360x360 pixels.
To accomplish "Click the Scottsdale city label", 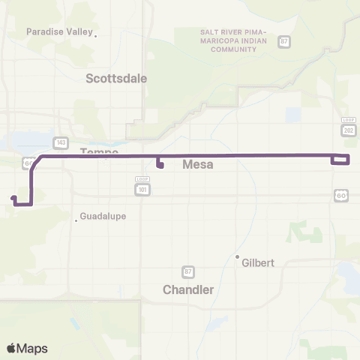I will tap(116, 78).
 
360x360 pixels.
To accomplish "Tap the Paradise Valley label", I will tap(60, 31).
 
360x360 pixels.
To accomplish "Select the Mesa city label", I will tap(198, 166).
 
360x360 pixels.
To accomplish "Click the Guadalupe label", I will tap(102, 216).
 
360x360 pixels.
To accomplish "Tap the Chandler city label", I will tap(188, 289).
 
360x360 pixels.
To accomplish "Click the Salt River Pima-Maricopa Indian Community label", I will tap(233, 40).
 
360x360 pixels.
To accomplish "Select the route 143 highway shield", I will tap(60, 142).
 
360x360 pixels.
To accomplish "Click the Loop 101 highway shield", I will tap(142, 183).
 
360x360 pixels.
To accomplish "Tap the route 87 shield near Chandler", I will tap(188, 271).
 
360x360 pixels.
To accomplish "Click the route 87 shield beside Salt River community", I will tap(283, 41).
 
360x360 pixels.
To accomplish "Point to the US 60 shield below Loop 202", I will tap(341, 195).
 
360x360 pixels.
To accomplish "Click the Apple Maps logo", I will tap(27, 348).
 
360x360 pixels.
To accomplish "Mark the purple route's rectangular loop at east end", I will tap(340, 158).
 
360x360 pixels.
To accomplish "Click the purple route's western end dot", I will tap(13, 199).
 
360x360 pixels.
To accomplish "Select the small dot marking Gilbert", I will tap(237, 258).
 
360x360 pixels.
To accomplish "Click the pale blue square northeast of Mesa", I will tap(292, 115).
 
